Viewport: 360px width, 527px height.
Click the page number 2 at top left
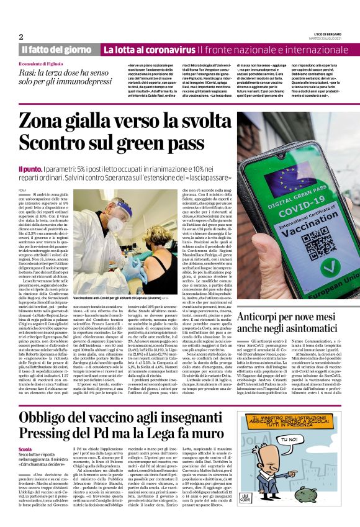21,37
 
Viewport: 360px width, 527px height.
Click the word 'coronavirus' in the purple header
168,49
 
